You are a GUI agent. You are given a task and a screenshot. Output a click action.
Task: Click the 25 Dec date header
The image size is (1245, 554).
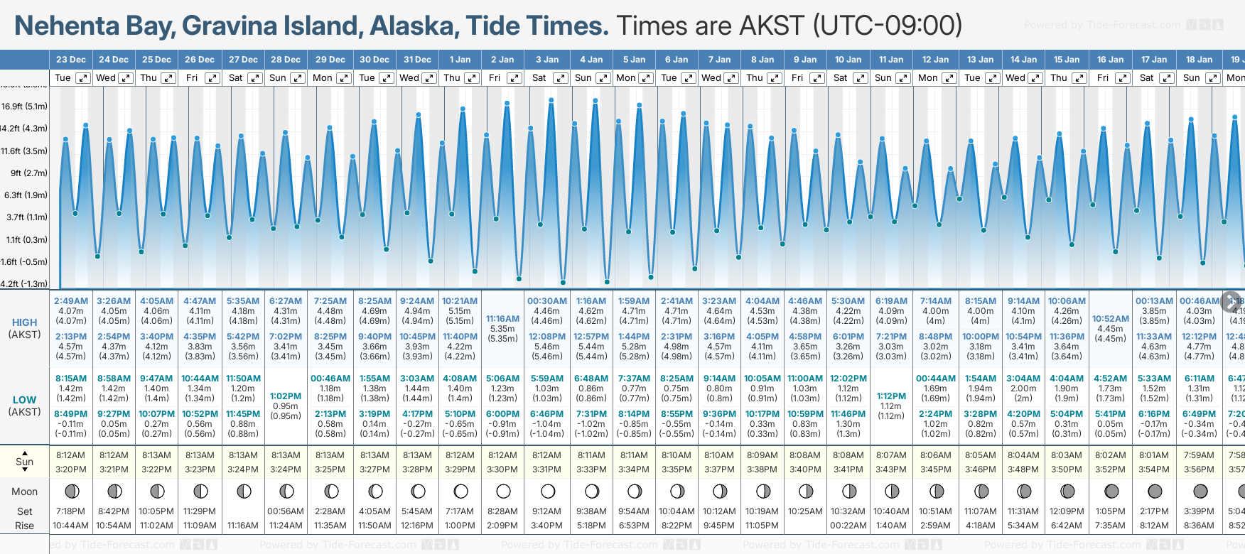click(x=156, y=60)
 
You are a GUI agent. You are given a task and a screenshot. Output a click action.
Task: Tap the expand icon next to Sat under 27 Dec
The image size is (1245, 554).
click(x=254, y=78)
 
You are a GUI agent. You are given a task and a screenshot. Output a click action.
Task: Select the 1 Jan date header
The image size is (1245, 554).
click(x=460, y=60)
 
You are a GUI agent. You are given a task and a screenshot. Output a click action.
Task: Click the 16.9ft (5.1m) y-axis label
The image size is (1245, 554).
click(x=24, y=107)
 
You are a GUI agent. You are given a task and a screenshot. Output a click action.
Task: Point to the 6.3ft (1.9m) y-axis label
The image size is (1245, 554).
click(x=26, y=195)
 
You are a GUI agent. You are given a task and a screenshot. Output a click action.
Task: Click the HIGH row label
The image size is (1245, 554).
click(x=24, y=322)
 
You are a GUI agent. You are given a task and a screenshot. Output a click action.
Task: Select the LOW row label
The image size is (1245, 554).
click(x=24, y=400)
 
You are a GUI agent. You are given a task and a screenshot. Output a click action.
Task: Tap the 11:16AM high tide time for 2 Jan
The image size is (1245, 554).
click(x=502, y=319)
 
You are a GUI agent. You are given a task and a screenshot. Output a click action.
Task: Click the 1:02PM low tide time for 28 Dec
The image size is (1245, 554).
click(x=286, y=396)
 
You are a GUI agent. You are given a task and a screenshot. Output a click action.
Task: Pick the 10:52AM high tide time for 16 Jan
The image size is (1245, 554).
click(x=1110, y=319)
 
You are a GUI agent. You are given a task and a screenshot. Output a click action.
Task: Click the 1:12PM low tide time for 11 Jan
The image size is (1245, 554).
click(x=890, y=396)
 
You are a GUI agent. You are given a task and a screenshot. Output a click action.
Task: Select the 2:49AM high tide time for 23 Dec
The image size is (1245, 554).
click(x=70, y=301)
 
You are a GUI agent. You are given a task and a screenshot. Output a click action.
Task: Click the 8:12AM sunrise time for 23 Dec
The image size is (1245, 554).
click(x=70, y=455)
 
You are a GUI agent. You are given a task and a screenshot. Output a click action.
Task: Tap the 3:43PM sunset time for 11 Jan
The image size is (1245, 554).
click(x=890, y=469)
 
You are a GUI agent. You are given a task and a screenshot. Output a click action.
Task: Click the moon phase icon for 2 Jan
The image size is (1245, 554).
click(x=503, y=491)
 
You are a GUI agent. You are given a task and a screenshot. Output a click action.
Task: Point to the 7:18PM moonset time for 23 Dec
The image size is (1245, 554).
click(x=70, y=511)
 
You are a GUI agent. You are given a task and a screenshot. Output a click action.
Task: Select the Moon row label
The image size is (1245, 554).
click(x=24, y=491)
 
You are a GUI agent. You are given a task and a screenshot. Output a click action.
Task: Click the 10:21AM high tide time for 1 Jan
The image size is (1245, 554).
click(x=460, y=301)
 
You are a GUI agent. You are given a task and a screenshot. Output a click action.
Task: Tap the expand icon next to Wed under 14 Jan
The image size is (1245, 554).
click(x=1035, y=78)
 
